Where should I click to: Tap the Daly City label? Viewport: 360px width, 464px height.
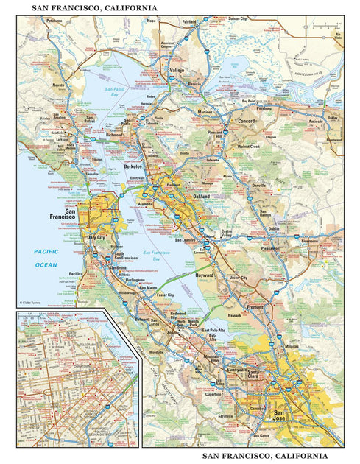[96, 238]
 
